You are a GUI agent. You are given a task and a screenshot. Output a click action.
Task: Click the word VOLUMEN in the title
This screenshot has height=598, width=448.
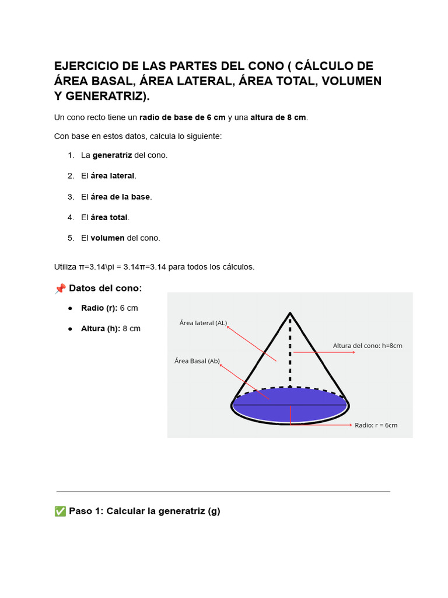click(x=348, y=81)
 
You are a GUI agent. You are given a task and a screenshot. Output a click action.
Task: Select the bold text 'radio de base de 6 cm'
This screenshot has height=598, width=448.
click(x=182, y=117)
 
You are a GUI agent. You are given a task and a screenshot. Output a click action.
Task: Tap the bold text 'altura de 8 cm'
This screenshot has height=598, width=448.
click(x=278, y=117)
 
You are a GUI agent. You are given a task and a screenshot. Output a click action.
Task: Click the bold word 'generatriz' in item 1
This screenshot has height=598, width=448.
click(x=112, y=155)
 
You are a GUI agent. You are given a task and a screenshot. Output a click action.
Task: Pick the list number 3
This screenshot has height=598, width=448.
click(x=71, y=197)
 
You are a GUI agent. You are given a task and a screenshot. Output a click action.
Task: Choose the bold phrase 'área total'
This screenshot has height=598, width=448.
click(x=110, y=217)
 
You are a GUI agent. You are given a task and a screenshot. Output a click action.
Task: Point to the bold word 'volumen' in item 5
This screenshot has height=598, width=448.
click(x=107, y=238)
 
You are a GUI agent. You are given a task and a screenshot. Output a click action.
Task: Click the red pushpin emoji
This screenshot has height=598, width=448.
click(x=60, y=288)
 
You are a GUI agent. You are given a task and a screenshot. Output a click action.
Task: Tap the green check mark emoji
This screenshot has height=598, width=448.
click(x=60, y=512)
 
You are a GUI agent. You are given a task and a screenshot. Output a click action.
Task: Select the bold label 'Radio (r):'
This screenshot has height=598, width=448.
click(x=99, y=308)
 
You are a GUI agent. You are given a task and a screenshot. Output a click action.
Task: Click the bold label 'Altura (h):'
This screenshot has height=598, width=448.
click(x=100, y=328)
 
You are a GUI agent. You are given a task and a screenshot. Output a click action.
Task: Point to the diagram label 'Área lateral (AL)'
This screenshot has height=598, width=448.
click(x=203, y=323)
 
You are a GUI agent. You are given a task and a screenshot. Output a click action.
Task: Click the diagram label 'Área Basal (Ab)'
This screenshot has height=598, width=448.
click(x=197, y=361)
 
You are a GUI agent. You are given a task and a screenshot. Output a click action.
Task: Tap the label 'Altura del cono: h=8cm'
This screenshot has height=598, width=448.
click(x=367, y=346)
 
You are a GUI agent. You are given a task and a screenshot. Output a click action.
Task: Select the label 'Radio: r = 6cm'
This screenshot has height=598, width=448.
click(x=376, y=425)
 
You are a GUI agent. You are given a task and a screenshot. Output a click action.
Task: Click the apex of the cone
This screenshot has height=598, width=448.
click(x=290, y=314)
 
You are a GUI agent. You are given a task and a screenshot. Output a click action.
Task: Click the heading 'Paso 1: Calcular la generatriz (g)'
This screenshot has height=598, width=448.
click(x=144, y=512)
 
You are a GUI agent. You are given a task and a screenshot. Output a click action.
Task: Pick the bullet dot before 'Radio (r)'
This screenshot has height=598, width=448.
click(x=70, y=308)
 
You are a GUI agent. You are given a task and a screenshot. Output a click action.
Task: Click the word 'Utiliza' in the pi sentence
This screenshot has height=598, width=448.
click(x=65, y=267)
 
